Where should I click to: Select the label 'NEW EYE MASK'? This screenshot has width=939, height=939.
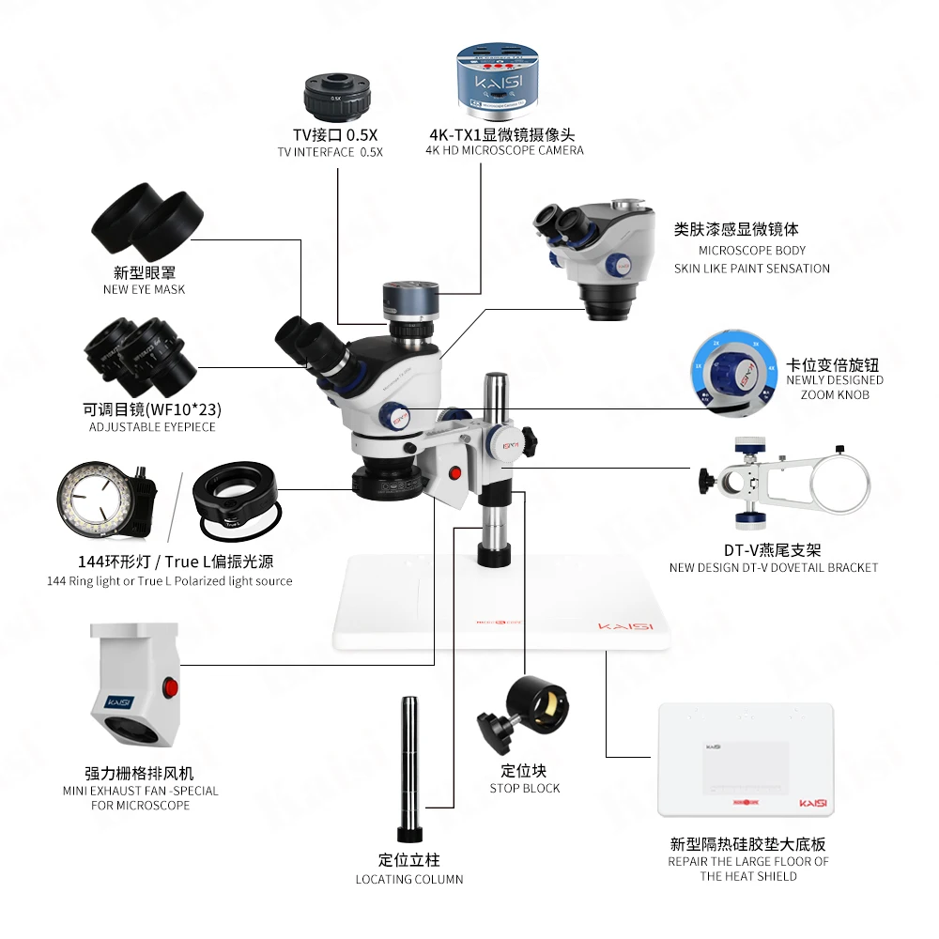[x=144, y=290]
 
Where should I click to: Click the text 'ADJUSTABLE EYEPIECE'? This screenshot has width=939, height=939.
[x=152, y=427]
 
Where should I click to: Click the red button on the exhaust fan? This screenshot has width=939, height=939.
[x=170, y=687]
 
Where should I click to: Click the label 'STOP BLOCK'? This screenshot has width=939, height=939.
[x=524, y=789]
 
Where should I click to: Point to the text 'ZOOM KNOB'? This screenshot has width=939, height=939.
[x=835, y=395]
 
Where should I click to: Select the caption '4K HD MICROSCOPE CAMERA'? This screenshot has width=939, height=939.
[x=504, y=150]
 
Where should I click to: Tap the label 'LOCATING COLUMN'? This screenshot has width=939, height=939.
[x=408, y=880]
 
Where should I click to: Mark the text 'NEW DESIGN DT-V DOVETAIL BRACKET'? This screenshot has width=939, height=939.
[x=774, y=568]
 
